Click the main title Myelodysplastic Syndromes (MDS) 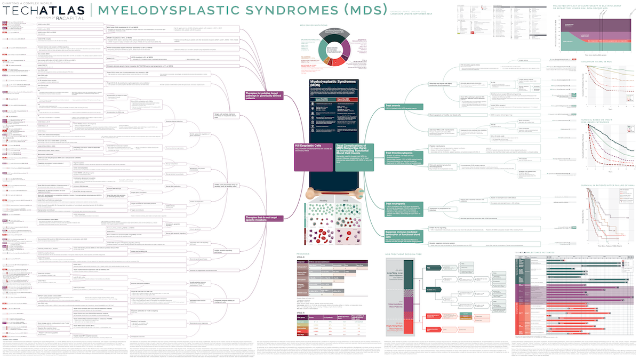243,10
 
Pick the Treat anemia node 395,106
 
